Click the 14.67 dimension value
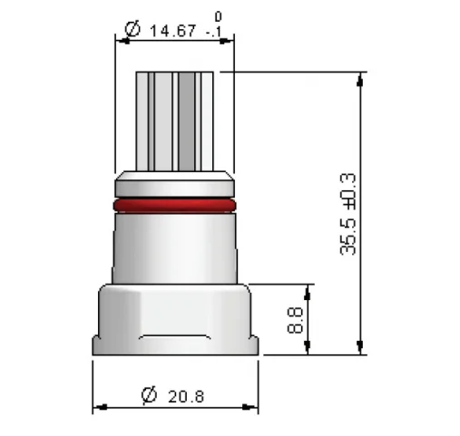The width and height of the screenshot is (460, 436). (x=171, y=32)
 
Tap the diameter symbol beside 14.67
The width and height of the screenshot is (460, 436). (x=132, y=31)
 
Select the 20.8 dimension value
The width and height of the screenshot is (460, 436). (x=186, y=396)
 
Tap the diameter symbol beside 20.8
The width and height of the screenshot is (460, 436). (x=149, y=395)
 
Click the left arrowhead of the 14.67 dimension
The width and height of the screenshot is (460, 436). (x=119, y=39)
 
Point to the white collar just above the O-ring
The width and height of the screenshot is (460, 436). (x=174, y=185)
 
